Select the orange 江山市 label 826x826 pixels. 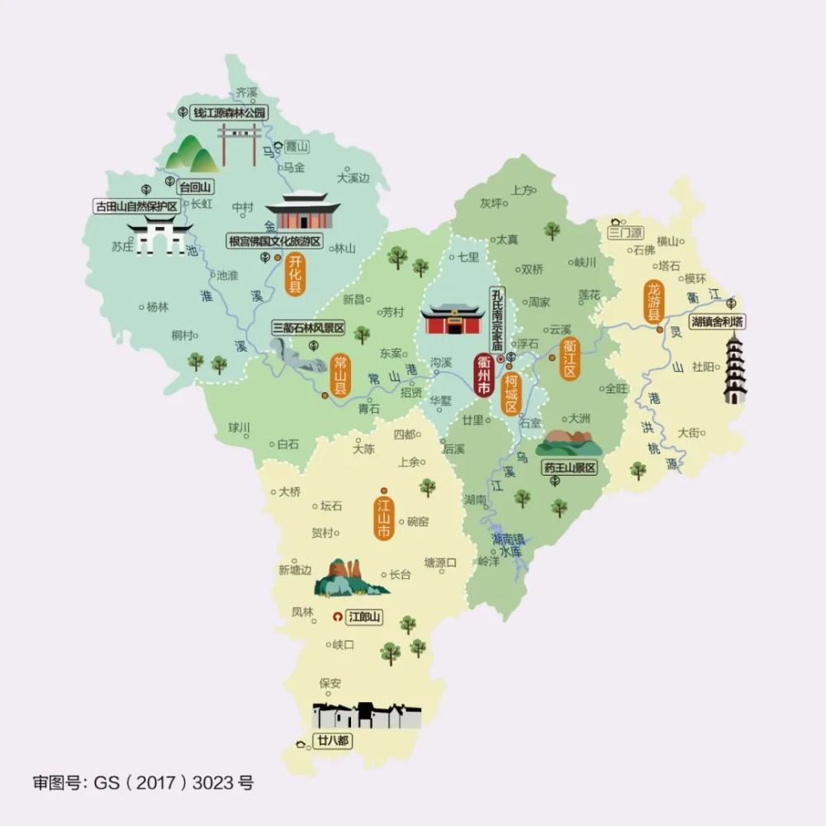383,518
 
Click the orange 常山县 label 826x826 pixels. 339,375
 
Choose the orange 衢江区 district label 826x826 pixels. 569,356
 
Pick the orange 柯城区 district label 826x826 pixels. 511,395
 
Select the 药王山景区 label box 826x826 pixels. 570,468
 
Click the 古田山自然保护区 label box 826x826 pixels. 136,206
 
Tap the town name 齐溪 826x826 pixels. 247,91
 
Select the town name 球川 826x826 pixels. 239,427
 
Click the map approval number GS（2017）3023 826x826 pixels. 143,781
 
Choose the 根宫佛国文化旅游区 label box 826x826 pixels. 277,241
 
